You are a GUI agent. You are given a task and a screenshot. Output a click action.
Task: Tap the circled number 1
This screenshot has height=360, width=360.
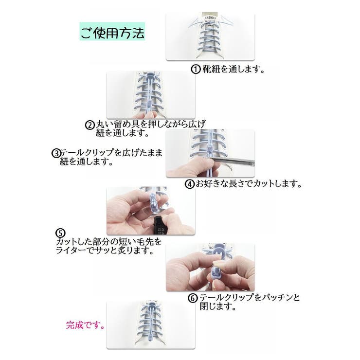point(195,69)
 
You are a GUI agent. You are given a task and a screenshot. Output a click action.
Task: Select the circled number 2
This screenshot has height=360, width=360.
point(90,125)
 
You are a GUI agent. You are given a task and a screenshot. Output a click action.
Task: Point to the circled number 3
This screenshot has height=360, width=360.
point(55,153)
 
